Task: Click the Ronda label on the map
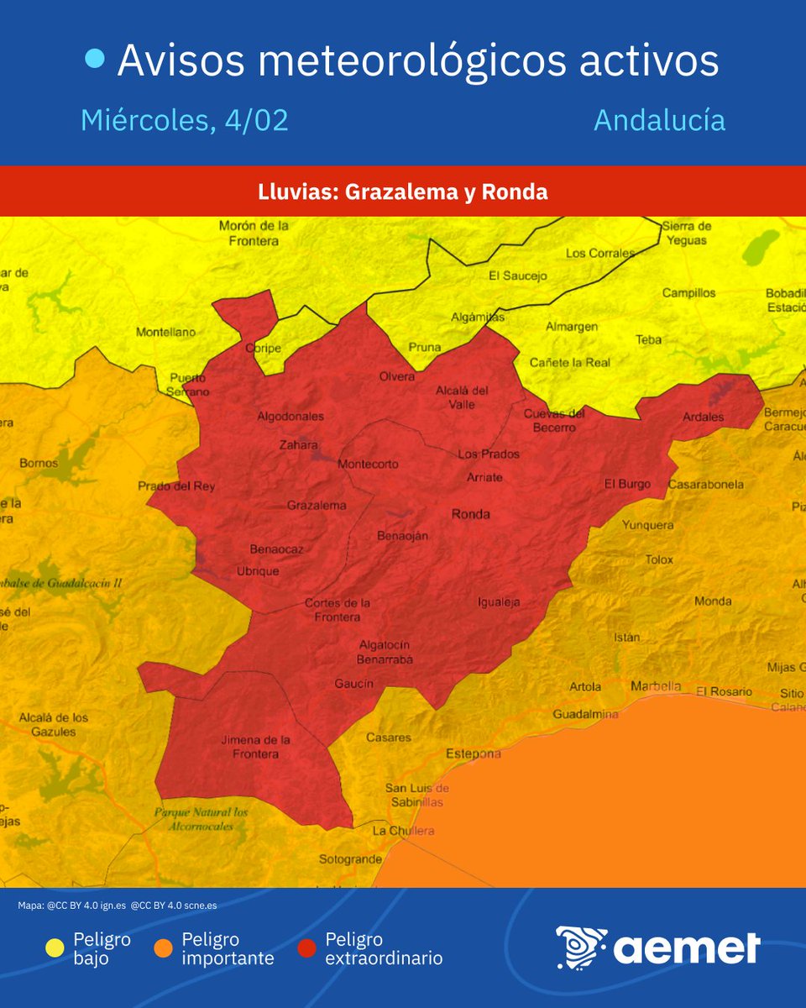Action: point(470,514)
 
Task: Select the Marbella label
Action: point(655,685)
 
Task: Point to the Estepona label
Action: point(473,753)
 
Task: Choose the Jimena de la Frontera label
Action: point(255,747)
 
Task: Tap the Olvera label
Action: point(396,376)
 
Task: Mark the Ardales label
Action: point(703,417)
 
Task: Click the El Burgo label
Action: point(628,484)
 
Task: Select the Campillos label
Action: point(688,293)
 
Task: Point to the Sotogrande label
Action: point(350,859)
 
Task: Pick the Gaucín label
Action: point(353,684)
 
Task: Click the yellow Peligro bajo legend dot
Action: point(55,948)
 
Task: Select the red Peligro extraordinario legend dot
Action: point(307,948)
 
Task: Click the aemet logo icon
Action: point(581,948)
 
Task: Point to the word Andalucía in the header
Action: point(659,120)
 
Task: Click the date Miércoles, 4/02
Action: point(185,120)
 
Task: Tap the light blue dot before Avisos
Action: point(96,59)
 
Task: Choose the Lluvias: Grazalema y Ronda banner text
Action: point(403,192)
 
